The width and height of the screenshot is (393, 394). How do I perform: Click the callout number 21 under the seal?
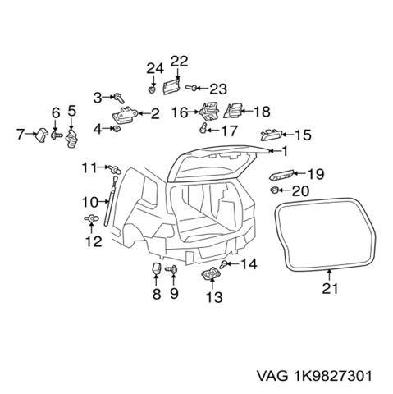(x=330, y=288)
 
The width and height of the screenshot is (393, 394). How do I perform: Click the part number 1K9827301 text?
(x=333, y=376)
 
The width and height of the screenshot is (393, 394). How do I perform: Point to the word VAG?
(x=272, y=376)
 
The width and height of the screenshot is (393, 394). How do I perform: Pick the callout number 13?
(x=214, y=297)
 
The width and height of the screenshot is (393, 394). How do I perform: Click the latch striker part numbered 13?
(x=211, y=273)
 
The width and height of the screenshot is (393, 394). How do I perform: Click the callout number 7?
(x=21, y=134)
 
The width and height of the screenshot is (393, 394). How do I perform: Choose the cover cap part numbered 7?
(x=41, y=135)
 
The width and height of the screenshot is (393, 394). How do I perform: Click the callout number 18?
(x=262, y=111)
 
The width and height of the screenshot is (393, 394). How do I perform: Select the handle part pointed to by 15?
(x=272, y=135)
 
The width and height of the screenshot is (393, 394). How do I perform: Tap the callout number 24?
(x=155, y=68)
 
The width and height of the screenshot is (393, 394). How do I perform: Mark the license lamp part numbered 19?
(x=281, y=175)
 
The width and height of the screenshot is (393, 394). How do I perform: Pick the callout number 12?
(x=94, y=241)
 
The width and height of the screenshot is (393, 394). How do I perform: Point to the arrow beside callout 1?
(x=274, y=151)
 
